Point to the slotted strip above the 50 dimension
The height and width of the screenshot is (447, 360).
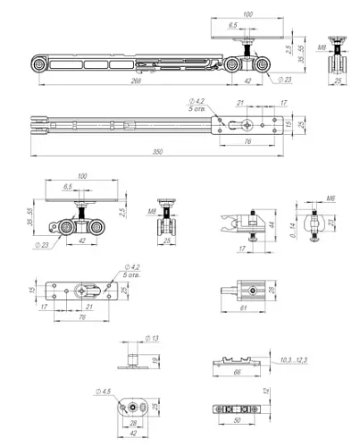pyautogui.click(x=235, y=409)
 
